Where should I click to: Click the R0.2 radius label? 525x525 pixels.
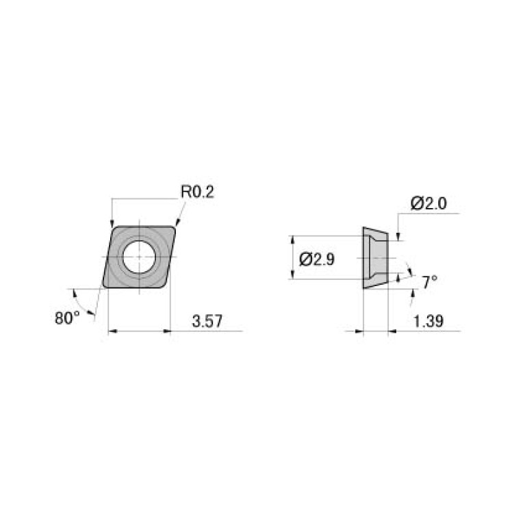click(x=197, y=192)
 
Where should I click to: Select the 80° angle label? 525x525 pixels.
click(x=67, y=317)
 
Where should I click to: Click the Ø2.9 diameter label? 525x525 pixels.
click(x=317, y=259)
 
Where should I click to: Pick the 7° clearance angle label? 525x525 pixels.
click(x=429, y=281)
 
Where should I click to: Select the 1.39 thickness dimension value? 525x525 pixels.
click(x=427, y=322)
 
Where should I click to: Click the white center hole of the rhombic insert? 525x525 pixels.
click(x=139, y=257)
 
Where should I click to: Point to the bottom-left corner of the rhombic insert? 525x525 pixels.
click(x=103, y=286)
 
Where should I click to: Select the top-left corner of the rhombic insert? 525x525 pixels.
click(x=114, y=227)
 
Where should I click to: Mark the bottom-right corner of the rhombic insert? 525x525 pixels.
click(x=164, y=286)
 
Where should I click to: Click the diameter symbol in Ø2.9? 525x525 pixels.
click(x=305, y=259)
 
